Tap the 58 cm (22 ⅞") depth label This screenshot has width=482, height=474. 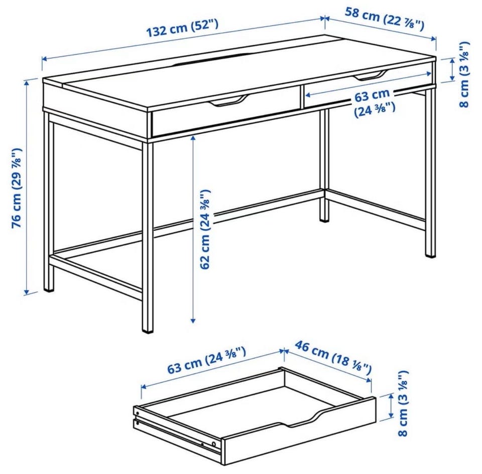[x=385, y=19]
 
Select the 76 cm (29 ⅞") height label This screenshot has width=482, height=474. [x=17, y=188]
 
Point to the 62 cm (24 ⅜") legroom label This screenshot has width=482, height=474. [x=205, y=229]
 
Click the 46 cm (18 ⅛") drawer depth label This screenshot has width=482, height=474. [x=333, y=358]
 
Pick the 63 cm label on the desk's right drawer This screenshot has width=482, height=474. [x=372, y=96]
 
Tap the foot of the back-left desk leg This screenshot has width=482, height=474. [x=49, y=288]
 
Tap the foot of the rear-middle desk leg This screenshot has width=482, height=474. [x=324, y=219]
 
